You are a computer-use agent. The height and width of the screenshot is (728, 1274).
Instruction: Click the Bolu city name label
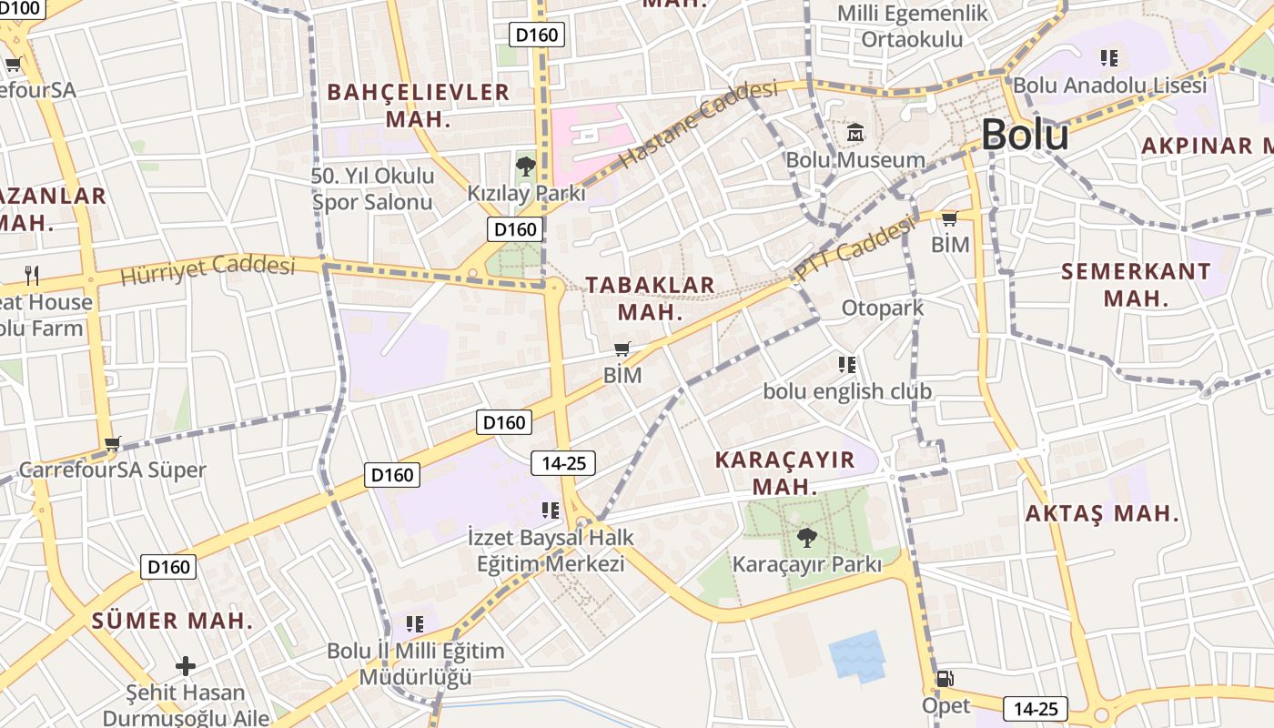point(1025,135)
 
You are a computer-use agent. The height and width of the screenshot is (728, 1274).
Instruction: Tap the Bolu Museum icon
point(855,134)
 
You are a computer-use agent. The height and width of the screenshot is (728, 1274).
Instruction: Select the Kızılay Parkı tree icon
point(525,166)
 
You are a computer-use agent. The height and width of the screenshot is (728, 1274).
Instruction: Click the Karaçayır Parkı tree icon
point(806,537)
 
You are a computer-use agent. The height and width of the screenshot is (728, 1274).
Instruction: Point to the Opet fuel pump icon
point(945,678)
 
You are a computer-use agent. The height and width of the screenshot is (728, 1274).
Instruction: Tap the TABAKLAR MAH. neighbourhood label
point(650,298)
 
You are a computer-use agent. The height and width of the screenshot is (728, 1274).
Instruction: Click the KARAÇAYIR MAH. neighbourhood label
point(784,472)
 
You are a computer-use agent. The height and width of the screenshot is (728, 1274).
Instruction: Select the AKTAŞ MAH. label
point(1102,513)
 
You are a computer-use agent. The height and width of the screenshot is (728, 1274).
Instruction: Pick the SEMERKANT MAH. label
point(1136,284)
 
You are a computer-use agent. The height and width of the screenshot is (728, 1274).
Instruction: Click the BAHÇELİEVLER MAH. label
point(418,105)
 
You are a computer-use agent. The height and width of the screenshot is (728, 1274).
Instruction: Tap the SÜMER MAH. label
point(172,621)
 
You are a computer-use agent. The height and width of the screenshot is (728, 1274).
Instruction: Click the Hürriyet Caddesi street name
point(208,268)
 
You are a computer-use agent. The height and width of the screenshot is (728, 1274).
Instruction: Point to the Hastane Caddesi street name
point(698,123)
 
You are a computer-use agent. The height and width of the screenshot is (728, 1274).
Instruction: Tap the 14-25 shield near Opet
point(1035,708)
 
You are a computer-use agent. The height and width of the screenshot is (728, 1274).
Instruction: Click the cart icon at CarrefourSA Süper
point(113,444)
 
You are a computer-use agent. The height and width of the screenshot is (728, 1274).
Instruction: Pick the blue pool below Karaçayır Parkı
point(856,655)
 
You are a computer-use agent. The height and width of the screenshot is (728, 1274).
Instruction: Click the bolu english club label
point(846,391)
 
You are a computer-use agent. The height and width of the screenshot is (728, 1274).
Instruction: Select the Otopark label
point(882,308)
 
